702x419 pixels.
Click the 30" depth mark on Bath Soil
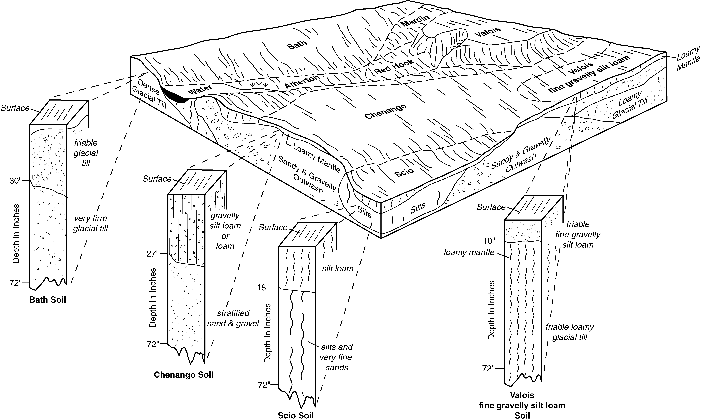(15, 181)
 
